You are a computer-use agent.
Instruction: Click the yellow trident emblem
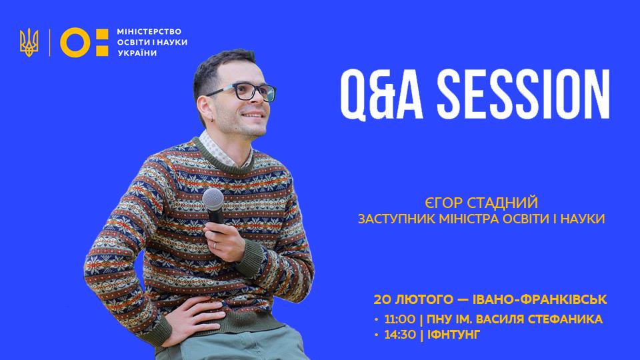[29, 42]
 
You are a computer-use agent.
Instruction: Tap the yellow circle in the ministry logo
[75, 42]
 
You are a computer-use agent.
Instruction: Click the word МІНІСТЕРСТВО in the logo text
[149, 31]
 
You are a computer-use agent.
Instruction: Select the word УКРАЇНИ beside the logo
[137, 53]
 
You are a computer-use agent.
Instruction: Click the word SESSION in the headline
[524, 94]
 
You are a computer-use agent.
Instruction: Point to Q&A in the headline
[381, 95]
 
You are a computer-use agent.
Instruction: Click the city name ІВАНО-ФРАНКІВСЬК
[539, 299]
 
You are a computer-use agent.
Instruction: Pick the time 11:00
[400, 319]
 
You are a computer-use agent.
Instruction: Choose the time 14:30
[400, 335]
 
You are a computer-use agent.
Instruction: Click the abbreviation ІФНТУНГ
[454, 335]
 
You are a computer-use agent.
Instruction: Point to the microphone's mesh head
[213, 199]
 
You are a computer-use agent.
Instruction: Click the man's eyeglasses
[245, 92]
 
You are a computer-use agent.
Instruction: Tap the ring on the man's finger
[215, 245]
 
